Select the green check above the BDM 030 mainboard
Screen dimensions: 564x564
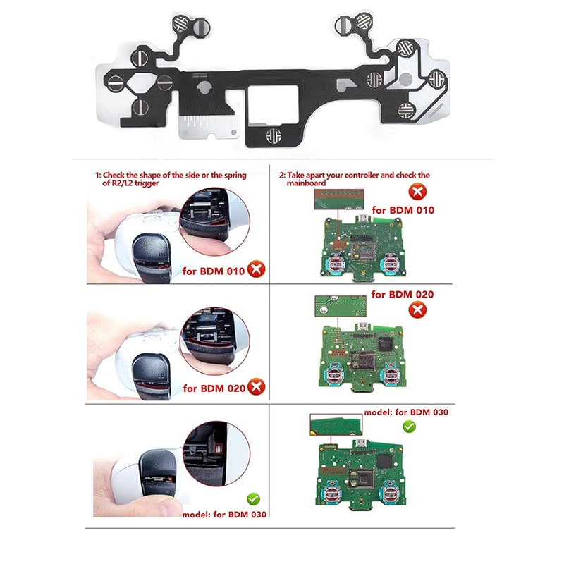(x=408, y=426)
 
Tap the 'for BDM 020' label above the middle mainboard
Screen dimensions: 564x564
(x=402, y=295)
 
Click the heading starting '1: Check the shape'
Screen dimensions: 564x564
(x=171, y=179)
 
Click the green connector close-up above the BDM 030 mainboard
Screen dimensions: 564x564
(x=336, y=424)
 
